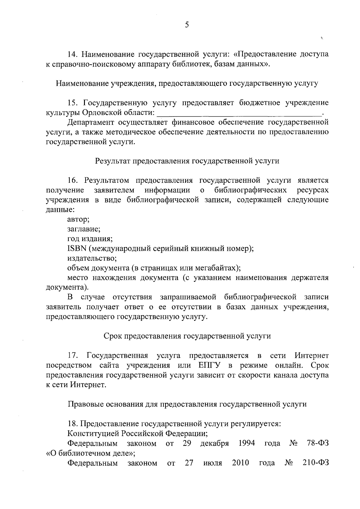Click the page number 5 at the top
(187, 25)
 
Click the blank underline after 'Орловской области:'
(239, 113)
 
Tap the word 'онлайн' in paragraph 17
(289, 365)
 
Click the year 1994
(247, 443)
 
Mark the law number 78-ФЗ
(318, 443)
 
